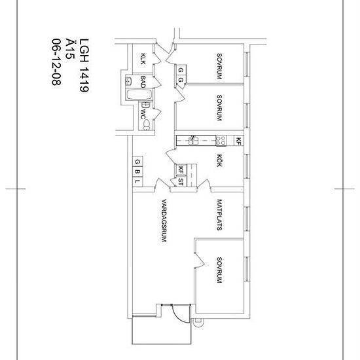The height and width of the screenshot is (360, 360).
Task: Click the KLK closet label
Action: (143, 60)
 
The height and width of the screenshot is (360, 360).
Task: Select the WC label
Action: (143, 112)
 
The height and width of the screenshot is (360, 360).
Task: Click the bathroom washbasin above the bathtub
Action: (129, 82)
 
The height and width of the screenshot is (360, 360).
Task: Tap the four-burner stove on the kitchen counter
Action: (222, 139)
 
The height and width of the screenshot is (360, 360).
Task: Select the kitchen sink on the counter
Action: (194, 139)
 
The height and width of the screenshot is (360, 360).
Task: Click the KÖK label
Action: (220, 160)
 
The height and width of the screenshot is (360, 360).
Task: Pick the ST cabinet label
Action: (181, 180)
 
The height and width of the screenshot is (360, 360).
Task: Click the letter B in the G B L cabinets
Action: (137, 172)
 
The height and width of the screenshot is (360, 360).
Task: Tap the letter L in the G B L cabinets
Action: (137, 181)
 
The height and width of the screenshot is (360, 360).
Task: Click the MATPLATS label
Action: (220, 217)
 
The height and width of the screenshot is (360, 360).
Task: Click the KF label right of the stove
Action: (239, 140)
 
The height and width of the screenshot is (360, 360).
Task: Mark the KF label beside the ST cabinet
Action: (181, 170)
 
